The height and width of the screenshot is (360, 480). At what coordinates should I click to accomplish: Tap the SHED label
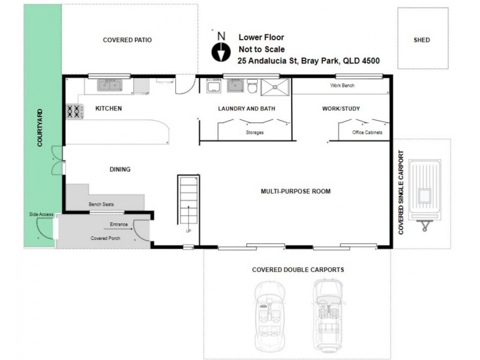[422, 40]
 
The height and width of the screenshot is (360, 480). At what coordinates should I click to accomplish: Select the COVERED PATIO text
[127, 40]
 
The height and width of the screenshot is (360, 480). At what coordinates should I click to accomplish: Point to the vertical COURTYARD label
[40, 128]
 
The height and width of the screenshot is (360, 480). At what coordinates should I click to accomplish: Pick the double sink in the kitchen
[109, 85]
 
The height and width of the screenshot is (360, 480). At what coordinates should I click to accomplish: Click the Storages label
[254, 132]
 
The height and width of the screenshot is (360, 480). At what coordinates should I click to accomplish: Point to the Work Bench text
[343, 86]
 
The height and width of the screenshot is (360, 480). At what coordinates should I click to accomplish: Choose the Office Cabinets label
[367, 132]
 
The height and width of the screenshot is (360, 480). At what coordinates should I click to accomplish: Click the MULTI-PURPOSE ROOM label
[296, 191]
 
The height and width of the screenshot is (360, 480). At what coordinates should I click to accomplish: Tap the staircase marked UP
[188, 203]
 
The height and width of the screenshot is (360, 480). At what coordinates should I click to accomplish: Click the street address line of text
[308, 61]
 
